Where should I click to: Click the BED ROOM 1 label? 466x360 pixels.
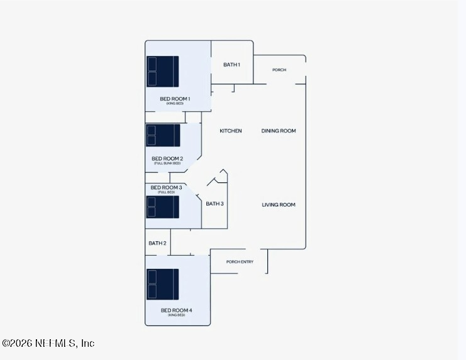(175, 99)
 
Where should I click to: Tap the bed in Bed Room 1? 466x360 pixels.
(163, 71)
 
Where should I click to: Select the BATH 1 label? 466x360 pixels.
(231, 65)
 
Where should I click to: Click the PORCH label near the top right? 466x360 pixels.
(279, 70)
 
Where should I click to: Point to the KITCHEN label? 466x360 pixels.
(231, 131)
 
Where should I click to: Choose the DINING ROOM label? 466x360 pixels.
(279, 131)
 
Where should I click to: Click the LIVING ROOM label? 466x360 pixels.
(279, 205)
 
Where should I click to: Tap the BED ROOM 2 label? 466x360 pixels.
(167, 158)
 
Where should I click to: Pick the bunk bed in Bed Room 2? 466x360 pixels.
(163, 135)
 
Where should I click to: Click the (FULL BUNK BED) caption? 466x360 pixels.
(167, 163)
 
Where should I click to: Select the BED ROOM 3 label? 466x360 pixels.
(166, 187)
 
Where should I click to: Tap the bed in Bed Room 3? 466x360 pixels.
(163, 207)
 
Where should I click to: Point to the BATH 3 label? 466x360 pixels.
(215, 204)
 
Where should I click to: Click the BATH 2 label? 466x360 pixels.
(157, 243)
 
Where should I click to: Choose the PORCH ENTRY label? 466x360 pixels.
(240, 261)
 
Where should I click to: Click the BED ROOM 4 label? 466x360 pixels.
(177, 310)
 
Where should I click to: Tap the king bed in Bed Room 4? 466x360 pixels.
(163, 285)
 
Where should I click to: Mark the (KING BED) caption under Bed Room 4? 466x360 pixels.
(177, 315)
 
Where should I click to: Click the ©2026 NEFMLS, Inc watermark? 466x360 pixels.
(48, 343)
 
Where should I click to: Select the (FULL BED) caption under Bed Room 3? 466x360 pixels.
(166, 192)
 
